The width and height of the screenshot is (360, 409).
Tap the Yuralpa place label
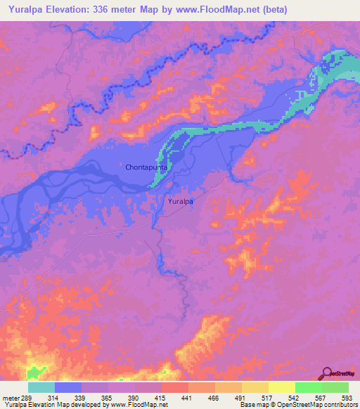(181, 202)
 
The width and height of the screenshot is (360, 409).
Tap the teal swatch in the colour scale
(41, 387)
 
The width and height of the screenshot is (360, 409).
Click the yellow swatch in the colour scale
(282, 387)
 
